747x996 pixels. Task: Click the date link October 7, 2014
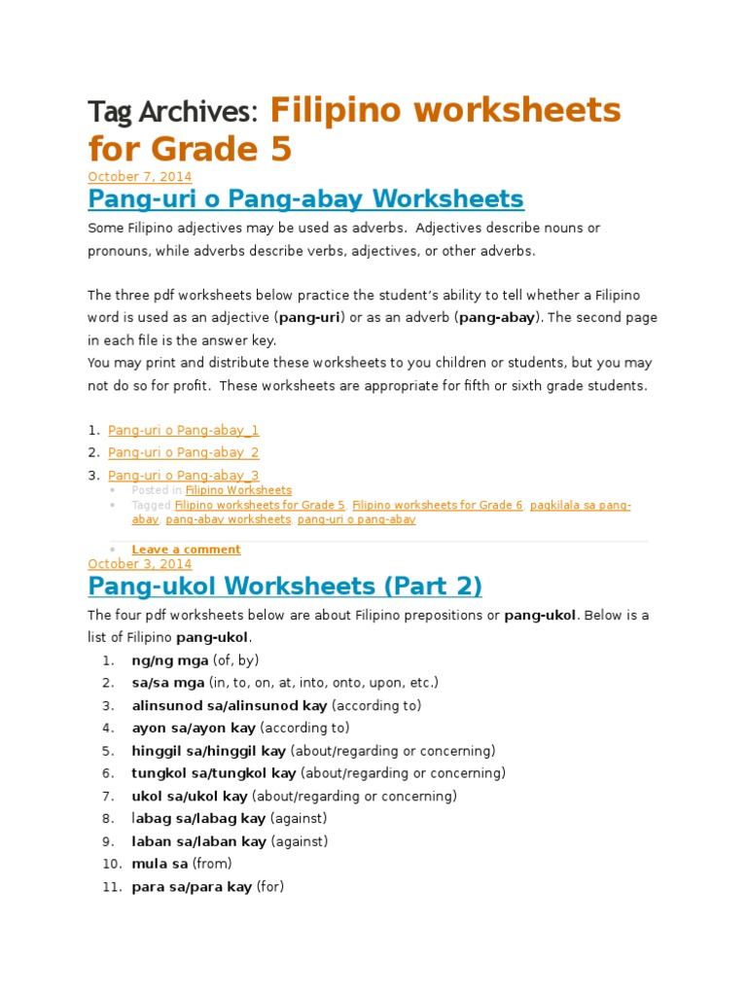tap(139, 176)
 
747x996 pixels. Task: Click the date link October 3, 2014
tap(139, 563)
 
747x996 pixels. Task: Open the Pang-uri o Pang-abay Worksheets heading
tap(305, 199)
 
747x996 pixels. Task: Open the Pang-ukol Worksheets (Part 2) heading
tap(284, 587)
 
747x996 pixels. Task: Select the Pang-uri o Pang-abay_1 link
tap(183, 430)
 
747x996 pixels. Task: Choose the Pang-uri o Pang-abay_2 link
tap(183, 452)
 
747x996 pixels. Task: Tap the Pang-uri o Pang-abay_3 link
tap(183, 475)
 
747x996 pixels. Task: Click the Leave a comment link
tap(186, 550)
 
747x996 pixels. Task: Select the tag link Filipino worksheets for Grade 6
tap(438, 505)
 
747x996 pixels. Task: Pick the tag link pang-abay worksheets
tap(229, 519)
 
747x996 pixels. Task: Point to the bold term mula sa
tap(160, 864)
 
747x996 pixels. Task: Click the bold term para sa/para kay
tap(192, 887)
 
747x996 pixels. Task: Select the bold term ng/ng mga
tap(163, 660)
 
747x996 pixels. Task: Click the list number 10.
tap(111, 864)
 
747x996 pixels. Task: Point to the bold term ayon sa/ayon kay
tap(194, 728)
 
